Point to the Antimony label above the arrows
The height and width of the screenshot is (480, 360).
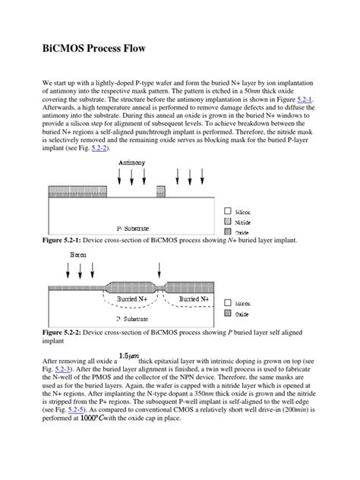tap(133, 163)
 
